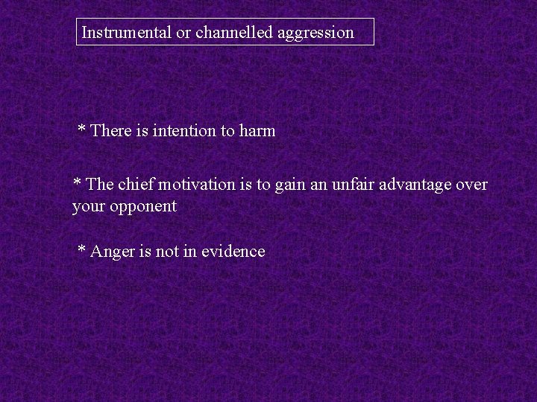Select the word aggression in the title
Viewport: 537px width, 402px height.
[x=315, y=33]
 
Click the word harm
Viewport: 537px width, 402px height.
[x=257, y=131]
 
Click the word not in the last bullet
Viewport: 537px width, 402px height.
[x=166, y=252]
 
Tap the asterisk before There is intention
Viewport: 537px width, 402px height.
[x=82, y=130]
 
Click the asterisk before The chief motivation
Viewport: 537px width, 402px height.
[x=77, y=183]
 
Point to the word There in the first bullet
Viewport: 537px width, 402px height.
[x=110, y=131]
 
